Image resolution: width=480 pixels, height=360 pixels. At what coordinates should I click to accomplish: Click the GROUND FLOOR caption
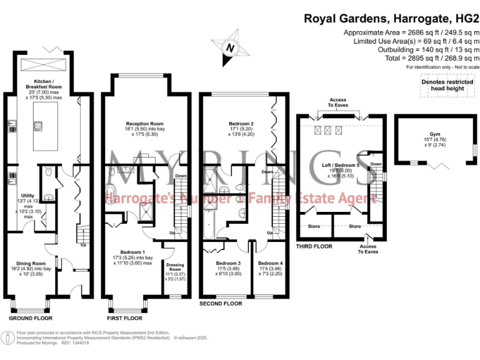coord(30,317)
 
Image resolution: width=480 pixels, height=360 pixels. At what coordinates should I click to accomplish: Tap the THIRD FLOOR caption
coord(315,246)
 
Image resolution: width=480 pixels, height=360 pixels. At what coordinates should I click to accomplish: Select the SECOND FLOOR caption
coord(220,304)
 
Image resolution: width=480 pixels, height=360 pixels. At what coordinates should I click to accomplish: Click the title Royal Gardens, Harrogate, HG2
coord(386,18)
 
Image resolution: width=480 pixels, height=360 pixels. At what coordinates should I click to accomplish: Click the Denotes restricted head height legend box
coord(446,85)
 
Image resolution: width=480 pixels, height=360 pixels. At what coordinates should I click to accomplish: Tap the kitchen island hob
coord(37,126)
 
